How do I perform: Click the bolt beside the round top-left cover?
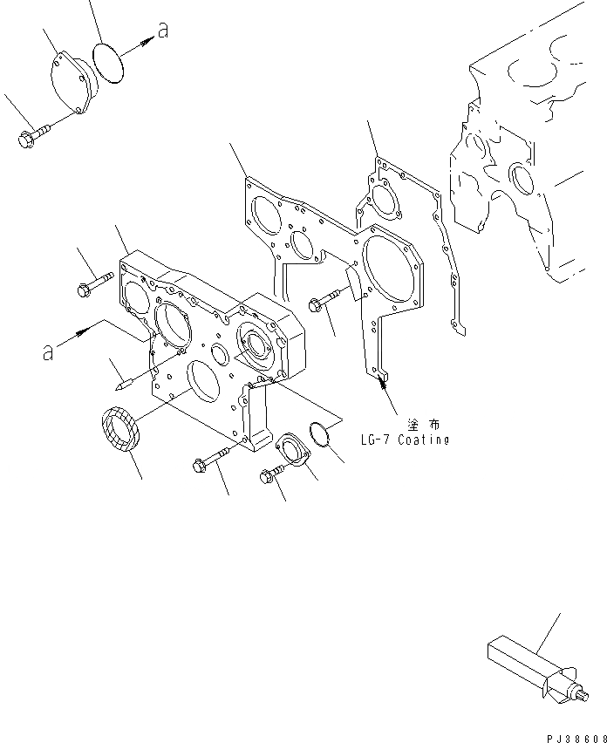tap(33, 134)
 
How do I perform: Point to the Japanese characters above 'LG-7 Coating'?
tap(421, 423)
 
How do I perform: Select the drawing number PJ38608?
tap(573, 735)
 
